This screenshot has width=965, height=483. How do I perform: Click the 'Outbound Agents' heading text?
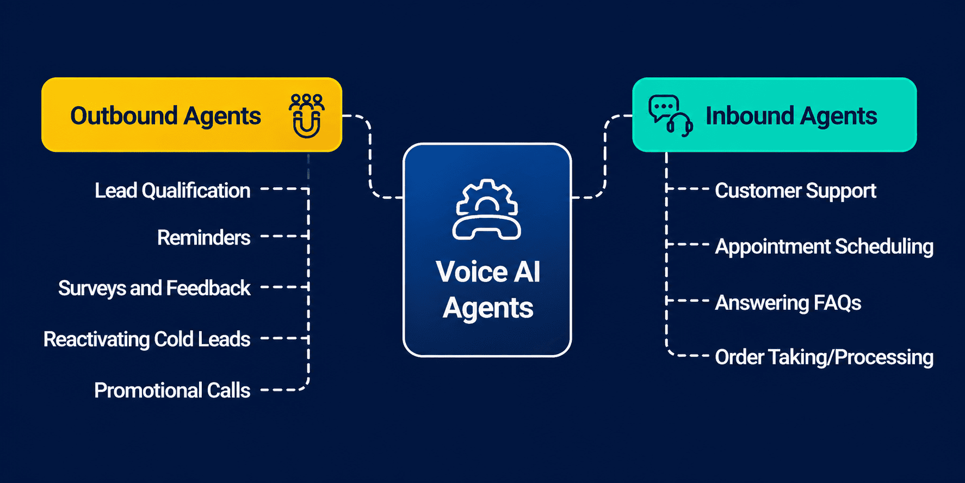[x=165, y=116]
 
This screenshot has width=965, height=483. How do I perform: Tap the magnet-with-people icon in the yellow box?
[x=306, y=115]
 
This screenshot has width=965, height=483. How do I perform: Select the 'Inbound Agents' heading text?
[x=791, y=116]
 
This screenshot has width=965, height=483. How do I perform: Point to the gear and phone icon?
[x=487, y=209]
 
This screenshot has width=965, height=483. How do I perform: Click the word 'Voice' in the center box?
[x=466, y=271]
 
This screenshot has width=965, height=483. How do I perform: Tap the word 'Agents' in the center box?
[x=487, y=308]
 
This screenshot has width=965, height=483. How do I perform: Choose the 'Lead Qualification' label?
[x=172, y=191]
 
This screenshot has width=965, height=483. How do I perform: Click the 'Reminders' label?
[x=203, y=238]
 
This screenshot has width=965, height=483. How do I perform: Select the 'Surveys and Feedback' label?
[x=154, y=288]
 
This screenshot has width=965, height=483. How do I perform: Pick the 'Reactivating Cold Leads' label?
[x=147, y=339]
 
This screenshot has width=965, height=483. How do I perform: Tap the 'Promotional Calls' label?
[x=172, y=390]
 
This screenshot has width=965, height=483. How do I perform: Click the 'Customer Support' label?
[x=795, y=191]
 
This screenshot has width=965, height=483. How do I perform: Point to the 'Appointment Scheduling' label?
[x=824, y=246]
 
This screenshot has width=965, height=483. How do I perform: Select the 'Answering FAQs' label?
[x=788, y=303]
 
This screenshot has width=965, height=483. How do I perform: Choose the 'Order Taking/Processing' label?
[x=824, y=357]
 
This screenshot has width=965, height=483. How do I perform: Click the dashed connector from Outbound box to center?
[x=370, y=158]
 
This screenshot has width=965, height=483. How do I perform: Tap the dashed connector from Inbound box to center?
[x=605, y=158]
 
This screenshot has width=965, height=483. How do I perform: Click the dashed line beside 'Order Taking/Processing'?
[x=690, y=356]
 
